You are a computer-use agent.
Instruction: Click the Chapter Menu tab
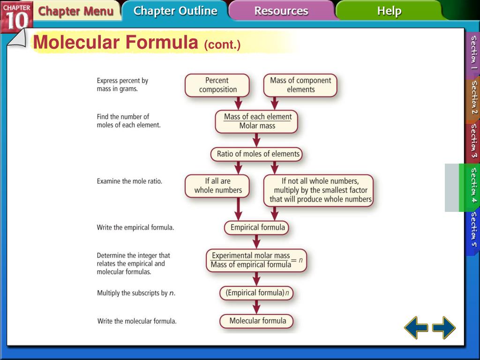pyautogui.click(x=75, y=11)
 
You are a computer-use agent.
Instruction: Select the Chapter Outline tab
pyautogui.click(x=175, y=11)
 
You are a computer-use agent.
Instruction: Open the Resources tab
pyautogui.click(x=281, y=11)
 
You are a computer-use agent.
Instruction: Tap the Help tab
pyautogui.click(x=389, y=11)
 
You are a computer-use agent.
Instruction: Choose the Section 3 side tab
pyautogui.click(x=473, y=141)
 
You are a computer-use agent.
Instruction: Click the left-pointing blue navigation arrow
pyautogui.click(x=416, y=327)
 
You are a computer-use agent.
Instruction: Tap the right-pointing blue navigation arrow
pyautogui.click(x=444, y=327)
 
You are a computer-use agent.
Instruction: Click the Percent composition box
pyautogui.click(x=217, y=85)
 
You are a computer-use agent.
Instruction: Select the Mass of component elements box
pyautogui.click(x=300, y=85)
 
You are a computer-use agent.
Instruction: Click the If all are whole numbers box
pyautogui.click(x=217, y=186)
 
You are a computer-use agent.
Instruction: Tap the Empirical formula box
pyautogui.click(x=257, y=228)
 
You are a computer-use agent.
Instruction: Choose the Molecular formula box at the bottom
pyautogui.click(x=257, y=321)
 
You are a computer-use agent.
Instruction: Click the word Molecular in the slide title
pyautogui.click(x=76, y=43)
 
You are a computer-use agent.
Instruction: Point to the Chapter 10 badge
pyautogui.click(x=16, y=16)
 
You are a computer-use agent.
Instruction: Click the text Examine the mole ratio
pyautogui.click(x=129, y=181)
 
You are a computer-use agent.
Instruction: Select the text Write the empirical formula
pyautogui.click(x=135, y=228)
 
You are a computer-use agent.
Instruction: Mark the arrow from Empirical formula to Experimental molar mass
pyautogui.click(x=256, y=242)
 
